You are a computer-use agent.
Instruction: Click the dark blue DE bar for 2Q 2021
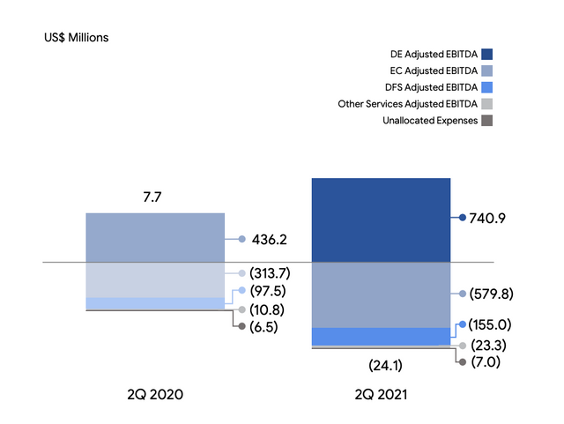pos(381,219)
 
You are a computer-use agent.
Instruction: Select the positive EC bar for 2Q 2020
pos(155,237)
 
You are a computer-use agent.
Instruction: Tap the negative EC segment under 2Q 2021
pos(381,294)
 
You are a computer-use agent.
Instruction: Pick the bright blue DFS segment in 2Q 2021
pos(381,336)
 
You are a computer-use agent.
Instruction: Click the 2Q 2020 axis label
pos(155,396)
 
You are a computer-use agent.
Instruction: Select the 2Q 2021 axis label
pos(381,396)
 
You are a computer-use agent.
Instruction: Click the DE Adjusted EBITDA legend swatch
pos(486,54)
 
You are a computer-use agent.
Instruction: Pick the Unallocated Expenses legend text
pos(430,120)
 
